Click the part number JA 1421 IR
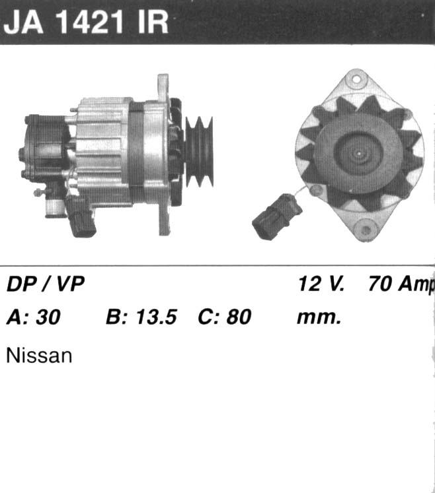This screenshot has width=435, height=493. pyautogui.click(x=86, y=22)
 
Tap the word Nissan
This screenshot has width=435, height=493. pyautogui.click(x=39, y=356)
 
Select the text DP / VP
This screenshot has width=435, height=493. pyautogui.click(x=46, y=284)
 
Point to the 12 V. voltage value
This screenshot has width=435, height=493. pyautogui.click(x=321, y=284)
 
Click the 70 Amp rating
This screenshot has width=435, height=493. pyautogui.click(x=401, y=284)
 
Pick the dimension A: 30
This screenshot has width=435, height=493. pyautogui.click(x=34, y=317)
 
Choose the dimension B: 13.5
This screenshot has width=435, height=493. pyautogui.click(x=141, y=317)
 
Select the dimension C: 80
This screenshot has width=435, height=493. pyautogui.click(x=225, y=317)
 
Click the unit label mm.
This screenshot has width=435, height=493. pyautogui.click(x=319, y=317)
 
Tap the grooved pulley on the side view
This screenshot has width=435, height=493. pyautogui.click(x=200, y=152)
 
